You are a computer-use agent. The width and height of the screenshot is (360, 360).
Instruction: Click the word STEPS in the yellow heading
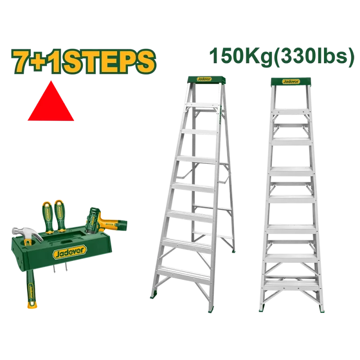pos(108,62)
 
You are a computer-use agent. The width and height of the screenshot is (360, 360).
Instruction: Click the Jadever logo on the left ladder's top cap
pos(204,79)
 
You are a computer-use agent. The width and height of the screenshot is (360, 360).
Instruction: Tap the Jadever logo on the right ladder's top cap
pos(291,81)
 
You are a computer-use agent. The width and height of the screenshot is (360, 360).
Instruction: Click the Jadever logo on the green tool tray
pos(70,252)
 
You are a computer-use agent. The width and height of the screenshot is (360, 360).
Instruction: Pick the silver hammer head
pos(27,233)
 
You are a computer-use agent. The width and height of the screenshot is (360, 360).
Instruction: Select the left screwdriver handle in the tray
pos(48,217)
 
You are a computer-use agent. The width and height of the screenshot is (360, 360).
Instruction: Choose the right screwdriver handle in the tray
pos(60,216)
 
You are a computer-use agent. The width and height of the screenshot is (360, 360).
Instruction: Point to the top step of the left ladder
pos(202,105)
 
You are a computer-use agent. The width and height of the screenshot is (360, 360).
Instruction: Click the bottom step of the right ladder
pos(292,285)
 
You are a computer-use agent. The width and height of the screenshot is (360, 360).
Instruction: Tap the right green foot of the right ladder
pos(321,308)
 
